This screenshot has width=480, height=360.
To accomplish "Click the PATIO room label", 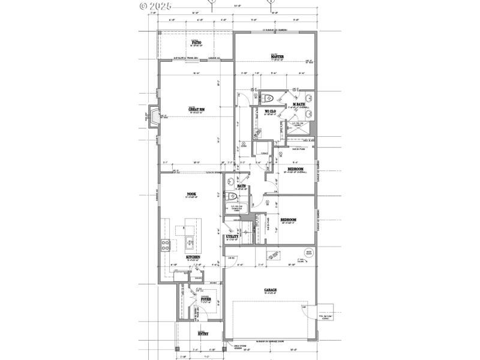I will [x=196, y=43].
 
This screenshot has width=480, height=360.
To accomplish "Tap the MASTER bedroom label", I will [x=277, y=57].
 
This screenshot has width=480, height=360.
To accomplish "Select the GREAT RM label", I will [x=197, y=109].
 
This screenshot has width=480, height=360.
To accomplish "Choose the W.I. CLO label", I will [x=269, y=111].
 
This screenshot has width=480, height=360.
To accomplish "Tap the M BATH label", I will [x=299, y=104].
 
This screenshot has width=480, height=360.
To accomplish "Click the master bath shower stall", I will [x=298, y=127].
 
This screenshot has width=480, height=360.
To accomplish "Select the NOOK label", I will [x=192, y=194].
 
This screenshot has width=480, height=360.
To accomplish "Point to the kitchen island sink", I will [x=189, y=243].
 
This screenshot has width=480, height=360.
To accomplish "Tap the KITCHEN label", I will [x=193, y=257].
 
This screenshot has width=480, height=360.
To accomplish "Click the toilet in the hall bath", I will [x=232, y=196].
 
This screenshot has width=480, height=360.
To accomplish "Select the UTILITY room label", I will [x=233, y=236].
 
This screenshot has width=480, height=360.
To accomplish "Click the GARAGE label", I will [x=269, y=290].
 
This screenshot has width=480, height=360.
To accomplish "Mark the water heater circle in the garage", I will [x=309, y=253].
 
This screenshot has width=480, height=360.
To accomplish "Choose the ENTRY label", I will [x=203, y=333].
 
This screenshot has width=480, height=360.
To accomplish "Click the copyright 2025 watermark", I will [x=155, y=5].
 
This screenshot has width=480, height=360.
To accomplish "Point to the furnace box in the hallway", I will [x=262, y=149].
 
